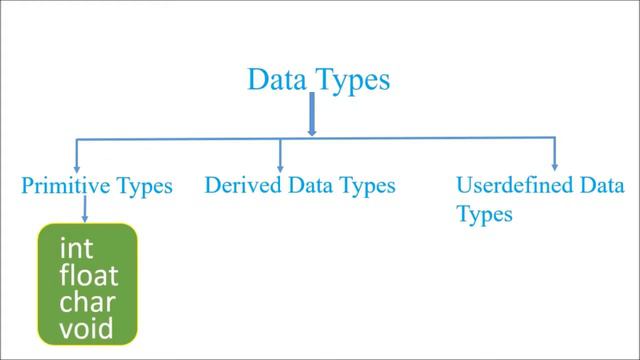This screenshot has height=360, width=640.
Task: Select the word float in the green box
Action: pyautogui.click(x=88, y=275)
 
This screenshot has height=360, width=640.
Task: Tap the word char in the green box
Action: pyautogui.click(x=85, y=301)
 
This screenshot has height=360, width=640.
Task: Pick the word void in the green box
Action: pyautogui.click(x=85, y=327)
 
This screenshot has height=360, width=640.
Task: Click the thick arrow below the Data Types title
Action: pyautogui.click(x=312, y=115)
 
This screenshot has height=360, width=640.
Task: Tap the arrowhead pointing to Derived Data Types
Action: pyautogui.click(x=281, y=164)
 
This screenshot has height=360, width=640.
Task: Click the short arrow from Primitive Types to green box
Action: pyautogui.click(x=84, y=209)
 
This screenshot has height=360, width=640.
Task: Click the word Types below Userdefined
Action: pyautogui.click(x=484, y=215)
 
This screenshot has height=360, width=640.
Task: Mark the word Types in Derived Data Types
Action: pyautogui.click(x=369, y=187)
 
